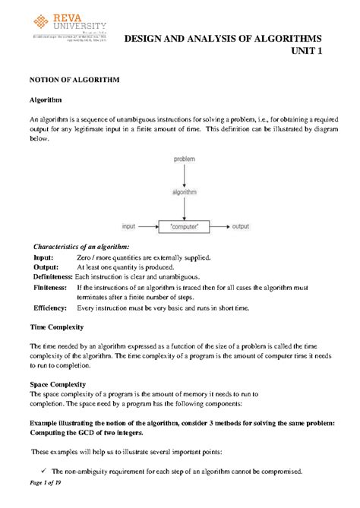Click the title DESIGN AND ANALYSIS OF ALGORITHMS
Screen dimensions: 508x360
[x=223, y=39]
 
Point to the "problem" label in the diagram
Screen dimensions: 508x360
[x=185, y=159]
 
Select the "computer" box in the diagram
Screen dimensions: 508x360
[x=185, y=226]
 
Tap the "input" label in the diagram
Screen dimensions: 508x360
[x=130, y=226]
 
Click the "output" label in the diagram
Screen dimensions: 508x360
[x=241, y=226]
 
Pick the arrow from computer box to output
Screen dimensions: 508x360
[x=220, y=226]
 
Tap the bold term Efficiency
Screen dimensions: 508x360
[x=50, y=308]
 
